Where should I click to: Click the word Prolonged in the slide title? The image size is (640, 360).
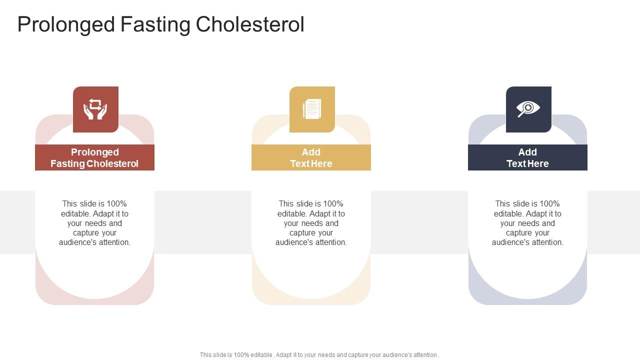[x=66, y=24]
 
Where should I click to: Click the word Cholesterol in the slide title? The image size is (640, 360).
[x=249, y=24]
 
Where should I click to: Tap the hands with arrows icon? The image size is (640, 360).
[x=95, y=109]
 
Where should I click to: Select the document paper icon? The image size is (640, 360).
[x=312, y=109]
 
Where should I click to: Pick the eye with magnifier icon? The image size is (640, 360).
[x=528, y=108]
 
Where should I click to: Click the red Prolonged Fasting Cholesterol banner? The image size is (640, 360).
[x=94, y=157]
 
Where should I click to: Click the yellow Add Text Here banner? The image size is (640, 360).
[x=311, y=157]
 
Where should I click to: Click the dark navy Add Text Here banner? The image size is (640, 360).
[x=527, y=157]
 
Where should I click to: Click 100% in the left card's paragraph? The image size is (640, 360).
[x=117, y=204]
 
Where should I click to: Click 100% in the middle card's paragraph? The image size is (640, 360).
[x=333, y=204]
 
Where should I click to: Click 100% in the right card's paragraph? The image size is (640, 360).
[x=550, y=204]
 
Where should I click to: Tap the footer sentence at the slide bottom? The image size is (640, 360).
[x=319, y=355]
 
